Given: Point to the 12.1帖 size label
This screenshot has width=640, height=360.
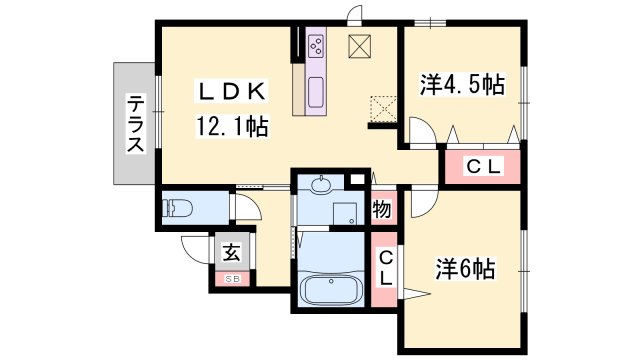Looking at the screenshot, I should [230, 127].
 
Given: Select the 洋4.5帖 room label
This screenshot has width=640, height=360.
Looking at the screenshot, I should [461, 85].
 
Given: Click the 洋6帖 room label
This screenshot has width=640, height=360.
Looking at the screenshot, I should [466, 269].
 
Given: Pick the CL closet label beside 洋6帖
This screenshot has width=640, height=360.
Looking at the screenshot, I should [384, 268].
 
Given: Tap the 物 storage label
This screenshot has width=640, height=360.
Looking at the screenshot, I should [382, 209].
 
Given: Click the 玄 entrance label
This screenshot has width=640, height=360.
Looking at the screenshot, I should [231, 252].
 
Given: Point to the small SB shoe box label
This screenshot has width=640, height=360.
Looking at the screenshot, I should [231, 279].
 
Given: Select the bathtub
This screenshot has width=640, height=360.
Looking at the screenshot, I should [329, 291].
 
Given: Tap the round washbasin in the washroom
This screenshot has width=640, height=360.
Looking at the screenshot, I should [321, 184].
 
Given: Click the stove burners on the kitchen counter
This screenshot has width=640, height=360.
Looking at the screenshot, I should [317, 46].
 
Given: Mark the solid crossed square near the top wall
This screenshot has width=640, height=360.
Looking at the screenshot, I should [359, 46].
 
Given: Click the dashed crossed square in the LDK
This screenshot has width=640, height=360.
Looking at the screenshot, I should [383, 107].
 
